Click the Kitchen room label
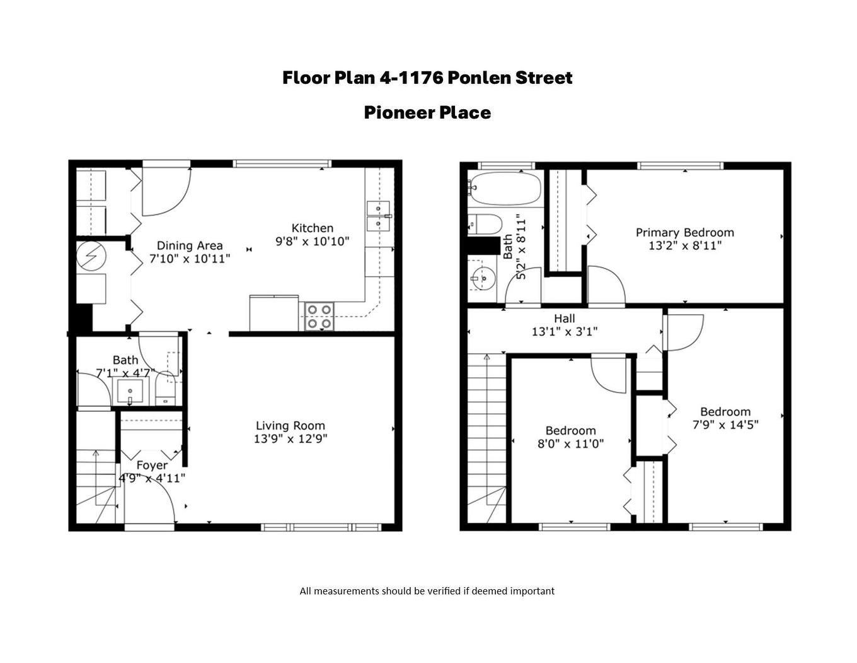(312, 228)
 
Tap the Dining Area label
(189, 245)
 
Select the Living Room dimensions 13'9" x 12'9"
(290, 438)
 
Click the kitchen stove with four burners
(319, 317)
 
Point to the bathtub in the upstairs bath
(505, 189)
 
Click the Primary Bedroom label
(684, 232)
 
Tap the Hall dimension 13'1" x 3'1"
(564, 331)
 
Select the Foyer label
(152, 465)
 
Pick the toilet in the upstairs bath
(485, 223)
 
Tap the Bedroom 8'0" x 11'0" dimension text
(570, 443)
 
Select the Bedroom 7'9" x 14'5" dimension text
(725, 425)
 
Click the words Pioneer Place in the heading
(427, 112)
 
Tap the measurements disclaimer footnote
(427, 591)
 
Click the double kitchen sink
(378, 215)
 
